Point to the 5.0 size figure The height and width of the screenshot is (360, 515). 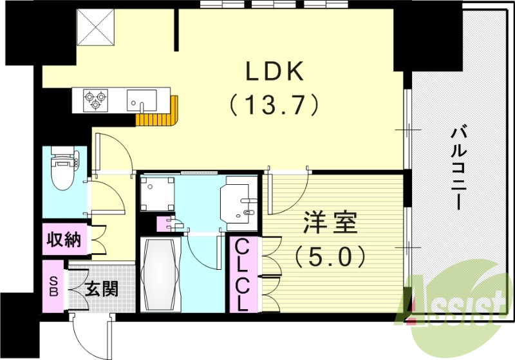click(x=330, y=257)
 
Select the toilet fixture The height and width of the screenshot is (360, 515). click(x=64, y=169)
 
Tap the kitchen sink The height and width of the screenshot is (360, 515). click(x=142, y=100)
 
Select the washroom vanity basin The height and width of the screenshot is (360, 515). click(x=238, y=200)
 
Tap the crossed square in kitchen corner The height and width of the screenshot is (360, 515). click(x=95, y=28)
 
